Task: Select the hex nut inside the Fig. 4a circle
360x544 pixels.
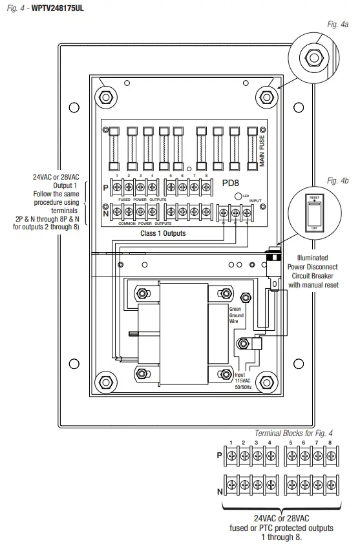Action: [313, 58]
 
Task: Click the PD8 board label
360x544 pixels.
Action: [231, 183]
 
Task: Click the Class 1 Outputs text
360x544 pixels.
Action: [163, 233]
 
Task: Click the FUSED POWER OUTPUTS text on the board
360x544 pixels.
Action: [145, 200]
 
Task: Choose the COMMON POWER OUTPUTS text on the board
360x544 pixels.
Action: [145, 223]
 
